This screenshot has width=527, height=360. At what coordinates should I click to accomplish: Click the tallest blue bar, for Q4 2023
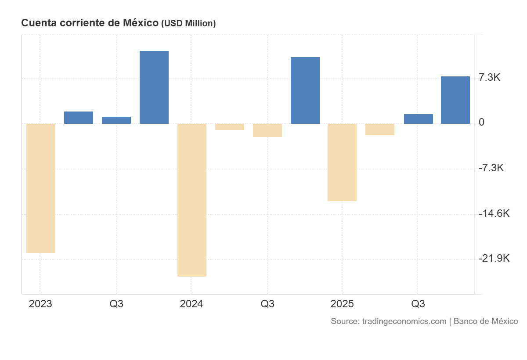154,87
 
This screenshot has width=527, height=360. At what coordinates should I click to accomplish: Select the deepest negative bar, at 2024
192,200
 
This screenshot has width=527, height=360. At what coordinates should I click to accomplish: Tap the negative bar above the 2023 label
41,188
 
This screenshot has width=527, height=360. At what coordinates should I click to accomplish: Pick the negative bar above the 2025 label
342,162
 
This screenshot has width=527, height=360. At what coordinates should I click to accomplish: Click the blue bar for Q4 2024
305,90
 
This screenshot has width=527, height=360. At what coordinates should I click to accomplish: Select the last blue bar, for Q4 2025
455,100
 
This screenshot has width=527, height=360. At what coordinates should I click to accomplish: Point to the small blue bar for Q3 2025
419,119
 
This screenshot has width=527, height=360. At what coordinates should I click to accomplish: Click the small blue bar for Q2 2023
79,118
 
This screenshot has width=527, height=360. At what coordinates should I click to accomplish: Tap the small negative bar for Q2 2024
230,127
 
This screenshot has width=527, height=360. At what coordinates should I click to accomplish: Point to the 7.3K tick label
490,78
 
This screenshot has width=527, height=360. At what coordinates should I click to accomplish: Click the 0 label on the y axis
482,122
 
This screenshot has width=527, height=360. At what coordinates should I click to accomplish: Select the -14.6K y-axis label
494,213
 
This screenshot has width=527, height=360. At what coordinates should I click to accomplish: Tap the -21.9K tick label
494,258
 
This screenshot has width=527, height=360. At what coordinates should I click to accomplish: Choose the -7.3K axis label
491,168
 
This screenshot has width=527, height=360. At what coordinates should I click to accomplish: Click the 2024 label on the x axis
191,304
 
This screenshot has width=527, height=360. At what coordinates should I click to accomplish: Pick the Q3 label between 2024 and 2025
267,304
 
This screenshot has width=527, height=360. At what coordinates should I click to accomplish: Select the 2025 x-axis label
342,304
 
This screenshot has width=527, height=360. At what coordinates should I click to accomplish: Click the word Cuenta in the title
38,23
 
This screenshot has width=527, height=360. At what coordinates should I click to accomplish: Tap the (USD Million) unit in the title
188,24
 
